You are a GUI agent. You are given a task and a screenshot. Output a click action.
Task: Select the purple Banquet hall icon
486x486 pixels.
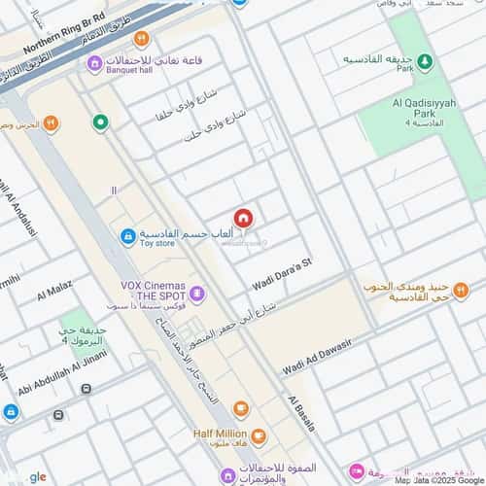pos(94,64)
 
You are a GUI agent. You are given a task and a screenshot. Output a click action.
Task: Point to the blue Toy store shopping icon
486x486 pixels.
pos(127,236)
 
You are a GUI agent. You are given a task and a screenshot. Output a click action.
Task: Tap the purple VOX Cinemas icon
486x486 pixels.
pos(196,292)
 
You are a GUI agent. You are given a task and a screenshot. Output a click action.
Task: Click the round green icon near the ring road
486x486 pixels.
pos(100,122)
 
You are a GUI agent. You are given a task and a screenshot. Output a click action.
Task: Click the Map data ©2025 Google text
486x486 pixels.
pos(437,479)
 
